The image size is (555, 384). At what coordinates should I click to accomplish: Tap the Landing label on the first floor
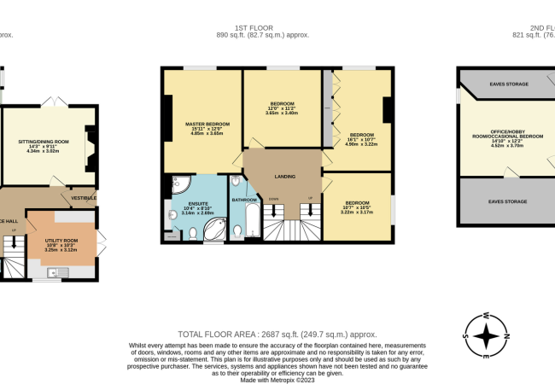(285, 177)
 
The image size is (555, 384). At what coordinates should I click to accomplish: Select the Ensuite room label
(196, 206)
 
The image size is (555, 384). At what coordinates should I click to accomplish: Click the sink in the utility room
(53, 273)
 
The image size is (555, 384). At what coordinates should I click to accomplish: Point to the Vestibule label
(84, 198)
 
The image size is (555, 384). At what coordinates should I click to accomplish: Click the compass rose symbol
(487, 335)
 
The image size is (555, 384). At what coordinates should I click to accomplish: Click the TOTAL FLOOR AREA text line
(277, 334)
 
